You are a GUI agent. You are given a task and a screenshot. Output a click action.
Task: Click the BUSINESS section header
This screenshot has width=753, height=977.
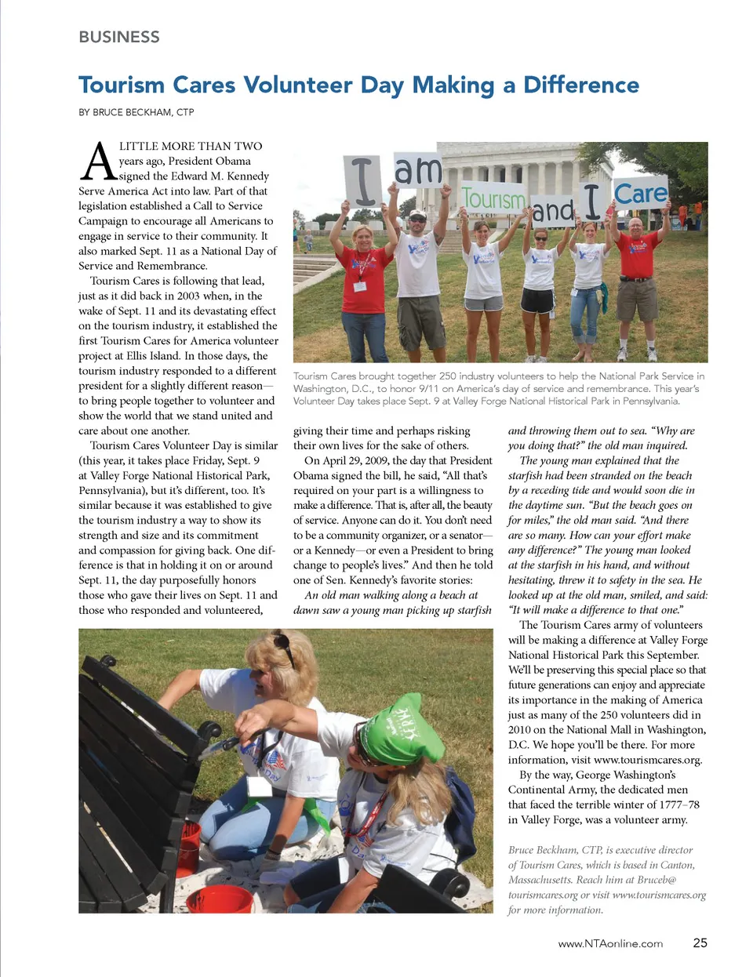click(x=119, y=37)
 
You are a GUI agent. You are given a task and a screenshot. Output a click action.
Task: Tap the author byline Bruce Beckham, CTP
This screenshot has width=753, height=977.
click(x=136, y=112)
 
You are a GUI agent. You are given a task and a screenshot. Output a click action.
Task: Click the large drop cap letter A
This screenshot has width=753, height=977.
click(x=98, y=162)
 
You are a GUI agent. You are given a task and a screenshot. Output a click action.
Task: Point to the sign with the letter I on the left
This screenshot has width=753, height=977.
click(x=363, y=180)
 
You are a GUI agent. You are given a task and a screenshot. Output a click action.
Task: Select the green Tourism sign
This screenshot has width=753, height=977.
click(x=493, y=198)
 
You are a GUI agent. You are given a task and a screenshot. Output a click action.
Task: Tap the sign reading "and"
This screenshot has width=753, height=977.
click(x=553, y=210)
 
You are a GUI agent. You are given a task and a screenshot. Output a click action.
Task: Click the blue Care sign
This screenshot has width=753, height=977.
click(x=640, y=193)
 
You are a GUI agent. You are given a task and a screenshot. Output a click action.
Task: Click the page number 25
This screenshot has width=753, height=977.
click(x=700, y=942)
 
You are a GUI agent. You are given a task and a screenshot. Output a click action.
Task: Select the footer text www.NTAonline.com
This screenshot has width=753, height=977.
click(x=610, y=943)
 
